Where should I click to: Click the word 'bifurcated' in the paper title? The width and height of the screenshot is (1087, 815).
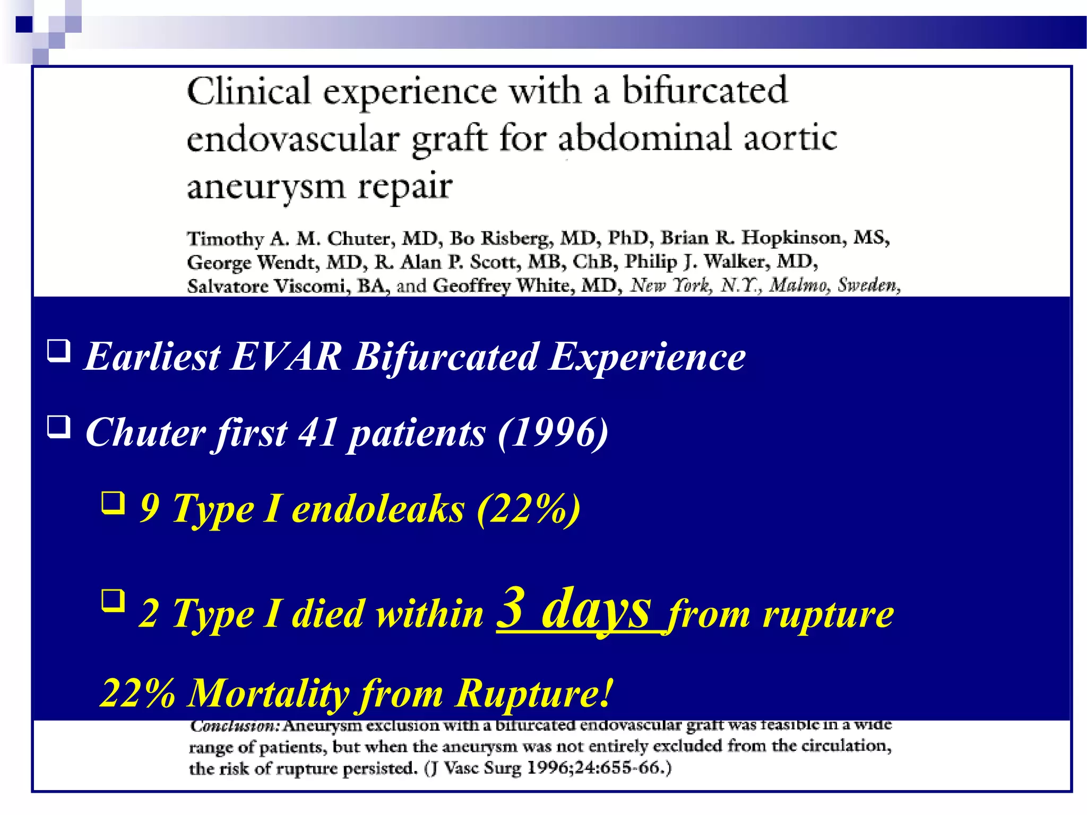704,90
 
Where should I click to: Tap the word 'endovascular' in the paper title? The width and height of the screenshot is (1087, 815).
292,139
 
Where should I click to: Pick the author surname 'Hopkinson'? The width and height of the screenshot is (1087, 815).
793,237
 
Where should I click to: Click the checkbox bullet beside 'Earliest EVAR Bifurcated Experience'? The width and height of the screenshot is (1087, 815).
58,351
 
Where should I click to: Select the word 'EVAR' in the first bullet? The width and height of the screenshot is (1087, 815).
286,356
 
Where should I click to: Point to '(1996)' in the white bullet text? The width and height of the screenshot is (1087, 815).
553,432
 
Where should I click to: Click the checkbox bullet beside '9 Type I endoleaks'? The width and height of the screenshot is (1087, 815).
113,503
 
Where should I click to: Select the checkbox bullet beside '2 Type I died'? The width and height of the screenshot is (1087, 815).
113,601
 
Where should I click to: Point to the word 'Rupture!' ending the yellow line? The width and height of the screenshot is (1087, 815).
534,693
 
